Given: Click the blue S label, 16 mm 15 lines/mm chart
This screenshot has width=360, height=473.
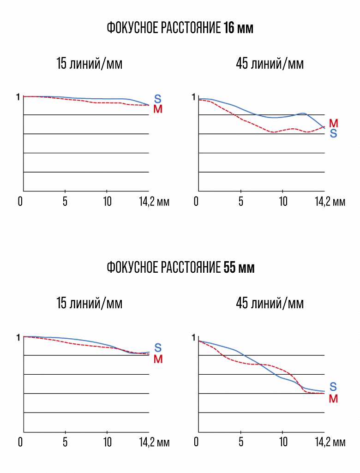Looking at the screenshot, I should (x=158, y=99).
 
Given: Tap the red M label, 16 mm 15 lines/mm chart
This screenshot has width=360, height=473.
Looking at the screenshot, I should (x=158, y=109).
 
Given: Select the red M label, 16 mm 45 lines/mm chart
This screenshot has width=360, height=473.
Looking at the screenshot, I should (x=334, y=123).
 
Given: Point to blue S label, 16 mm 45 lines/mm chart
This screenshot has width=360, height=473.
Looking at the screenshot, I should (x=333, y=134).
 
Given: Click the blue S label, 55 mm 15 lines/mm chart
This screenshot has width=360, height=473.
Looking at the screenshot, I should (x=158, y=348).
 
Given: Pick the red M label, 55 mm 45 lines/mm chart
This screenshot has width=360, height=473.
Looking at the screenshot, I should (x=334, y=398).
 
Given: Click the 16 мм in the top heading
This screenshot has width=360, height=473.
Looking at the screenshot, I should (x=238, y=28).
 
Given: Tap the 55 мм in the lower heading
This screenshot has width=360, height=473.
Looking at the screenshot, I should (x=239, y=268).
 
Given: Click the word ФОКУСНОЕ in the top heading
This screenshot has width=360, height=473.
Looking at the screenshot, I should (x=132, y=28).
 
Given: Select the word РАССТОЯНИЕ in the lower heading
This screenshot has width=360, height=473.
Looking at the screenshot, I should (x=190, y=268).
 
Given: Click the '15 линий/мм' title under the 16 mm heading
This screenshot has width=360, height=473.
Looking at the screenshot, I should (x=90, y=64).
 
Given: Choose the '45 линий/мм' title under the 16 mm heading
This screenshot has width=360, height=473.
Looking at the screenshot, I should (x=270, y=64).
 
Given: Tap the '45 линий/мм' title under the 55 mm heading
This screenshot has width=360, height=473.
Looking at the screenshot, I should (x=270, y=303).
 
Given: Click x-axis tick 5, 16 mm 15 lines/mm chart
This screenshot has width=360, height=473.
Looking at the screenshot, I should (x=65, y=202).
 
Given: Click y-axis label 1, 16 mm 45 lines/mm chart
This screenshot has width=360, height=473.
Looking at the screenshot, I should (x=193, y=97).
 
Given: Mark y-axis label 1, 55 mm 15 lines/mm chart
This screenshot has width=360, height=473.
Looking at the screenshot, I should (x=18, y=337).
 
